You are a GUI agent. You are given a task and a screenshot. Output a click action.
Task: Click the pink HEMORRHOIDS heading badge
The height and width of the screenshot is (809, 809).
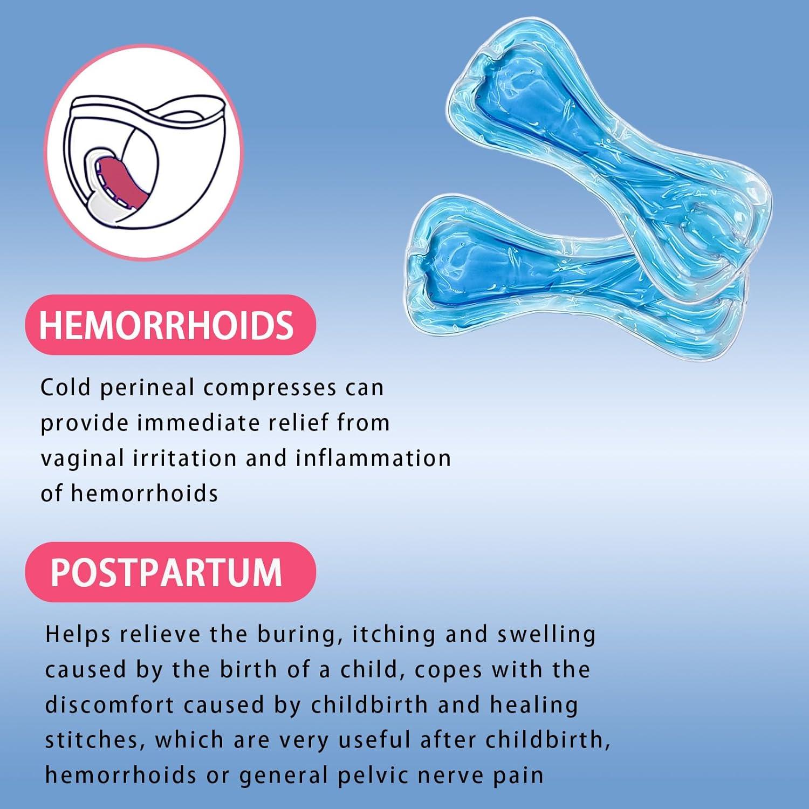point(170,325)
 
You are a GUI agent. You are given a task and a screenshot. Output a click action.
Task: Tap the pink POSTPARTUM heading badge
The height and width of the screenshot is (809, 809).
point(170,572)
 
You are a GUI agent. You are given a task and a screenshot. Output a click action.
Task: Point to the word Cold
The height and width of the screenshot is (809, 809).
point(65,388)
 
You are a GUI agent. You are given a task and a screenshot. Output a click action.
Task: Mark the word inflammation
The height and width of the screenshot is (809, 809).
point(373,458)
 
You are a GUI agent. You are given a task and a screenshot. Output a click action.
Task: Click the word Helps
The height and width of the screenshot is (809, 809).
point(78,635)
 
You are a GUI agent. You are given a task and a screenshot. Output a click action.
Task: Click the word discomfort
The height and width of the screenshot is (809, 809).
point(109,705)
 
